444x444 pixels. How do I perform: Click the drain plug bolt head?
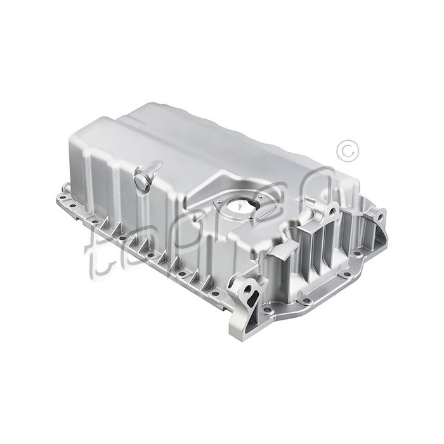(x=140, y=182)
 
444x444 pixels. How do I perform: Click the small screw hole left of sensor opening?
(x=219, y=202)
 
